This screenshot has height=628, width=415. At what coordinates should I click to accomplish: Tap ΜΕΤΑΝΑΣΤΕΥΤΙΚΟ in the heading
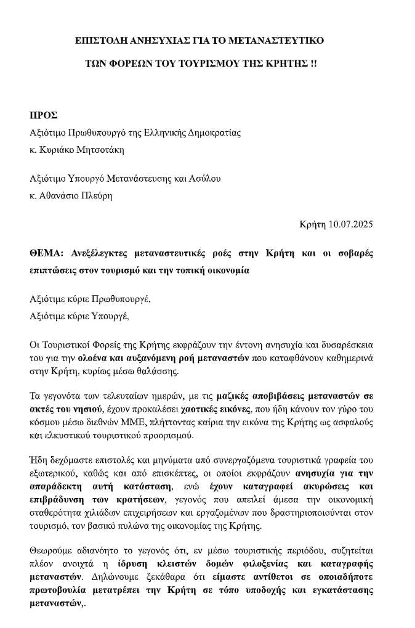tap(276, 41)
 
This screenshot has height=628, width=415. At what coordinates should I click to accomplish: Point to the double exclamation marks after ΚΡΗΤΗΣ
tap(312, 63)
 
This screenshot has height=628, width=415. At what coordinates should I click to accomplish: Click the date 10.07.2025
tap(350, 224)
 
